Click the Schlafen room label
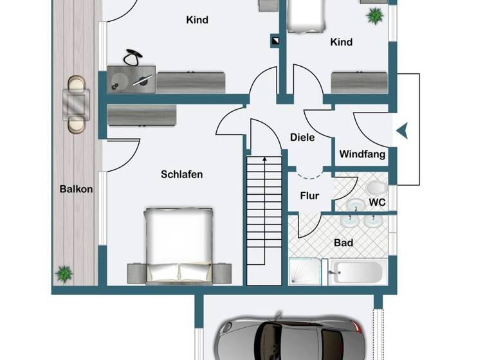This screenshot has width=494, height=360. [182, 174]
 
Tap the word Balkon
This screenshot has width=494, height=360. [76, 189]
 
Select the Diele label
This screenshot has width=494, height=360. [302, 137]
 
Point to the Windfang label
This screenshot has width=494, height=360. [362, 154]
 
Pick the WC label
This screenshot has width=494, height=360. [376, 202]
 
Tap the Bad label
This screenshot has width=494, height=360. [343, 243]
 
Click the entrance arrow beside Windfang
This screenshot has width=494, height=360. [401, 131]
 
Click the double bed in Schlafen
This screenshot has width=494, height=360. [178, 244]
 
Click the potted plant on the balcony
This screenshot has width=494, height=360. [64, 274]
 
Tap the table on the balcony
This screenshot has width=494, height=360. [76, 103]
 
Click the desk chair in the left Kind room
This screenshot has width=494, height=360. [133, 58]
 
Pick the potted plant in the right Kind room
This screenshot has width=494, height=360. [374, 15]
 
